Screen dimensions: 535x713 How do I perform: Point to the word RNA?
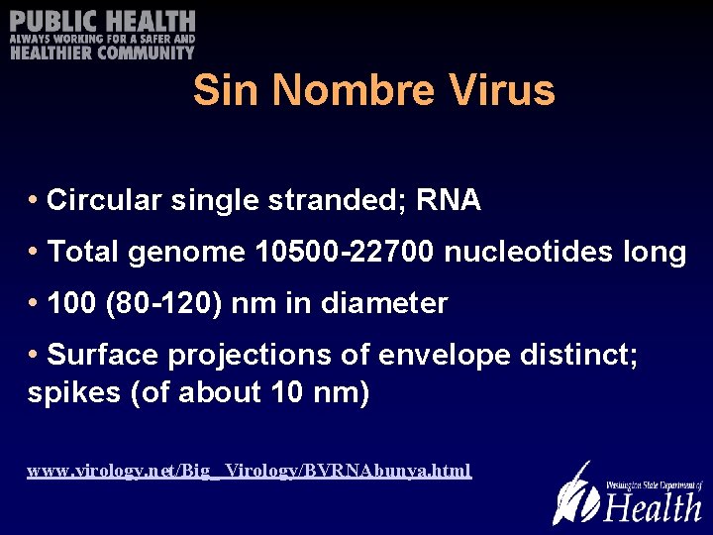coord(449,201)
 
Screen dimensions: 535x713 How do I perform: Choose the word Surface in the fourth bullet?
coord(101,355)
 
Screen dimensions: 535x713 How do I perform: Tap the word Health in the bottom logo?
coord(654,507)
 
